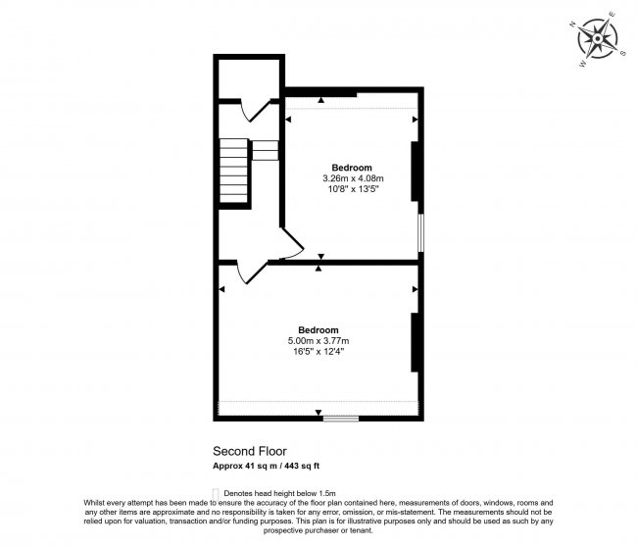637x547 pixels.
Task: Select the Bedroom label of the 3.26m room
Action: click(351, 168)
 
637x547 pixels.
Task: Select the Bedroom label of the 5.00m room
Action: click(318, 329)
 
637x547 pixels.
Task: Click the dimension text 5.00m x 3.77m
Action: click(318, 340)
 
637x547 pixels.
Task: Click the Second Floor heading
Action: click(245, 453)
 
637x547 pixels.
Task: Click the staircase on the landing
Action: click(233, 167)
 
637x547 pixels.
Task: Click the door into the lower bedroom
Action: click(250, 273)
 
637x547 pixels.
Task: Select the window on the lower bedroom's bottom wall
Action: click(340, 420)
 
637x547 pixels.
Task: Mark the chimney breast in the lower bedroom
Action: click(416, 342)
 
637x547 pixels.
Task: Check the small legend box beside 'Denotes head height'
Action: click(216, 492)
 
